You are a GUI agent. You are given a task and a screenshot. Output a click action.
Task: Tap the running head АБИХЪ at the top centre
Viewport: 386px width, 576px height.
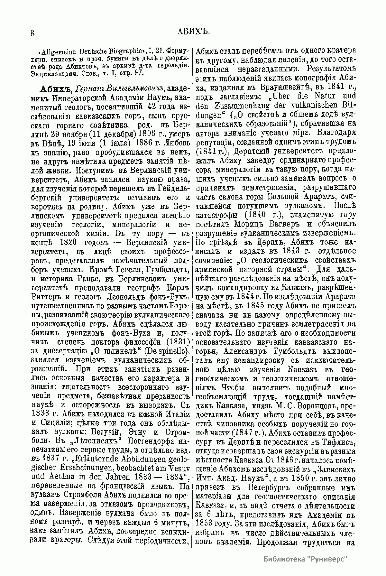pyautogui.click(x=194, y=31)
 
